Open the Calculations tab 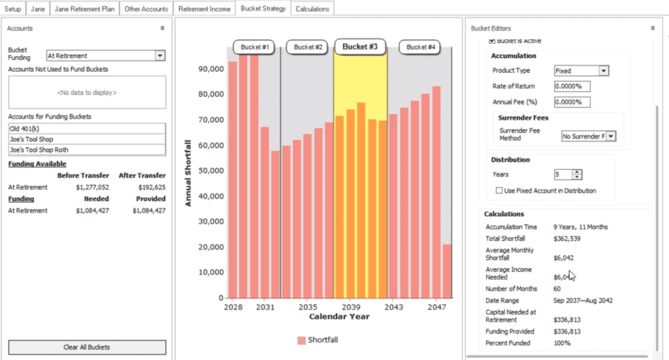pos(313,9)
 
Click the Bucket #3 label pos(360,47)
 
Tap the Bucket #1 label pos(254,47)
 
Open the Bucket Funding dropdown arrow pos(160,56)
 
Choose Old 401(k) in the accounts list pos(87,128)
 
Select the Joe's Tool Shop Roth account pos(87,150)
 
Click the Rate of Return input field pos(572,86)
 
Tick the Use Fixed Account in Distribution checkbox pos(500,191)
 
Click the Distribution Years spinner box pos(563,174)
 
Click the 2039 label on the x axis pos(351,306)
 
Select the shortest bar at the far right pos(447,270)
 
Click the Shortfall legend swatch pos(301,340)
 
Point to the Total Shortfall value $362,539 pos(567,238)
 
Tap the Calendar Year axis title pos(339,317)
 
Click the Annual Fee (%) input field pos(572,102)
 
